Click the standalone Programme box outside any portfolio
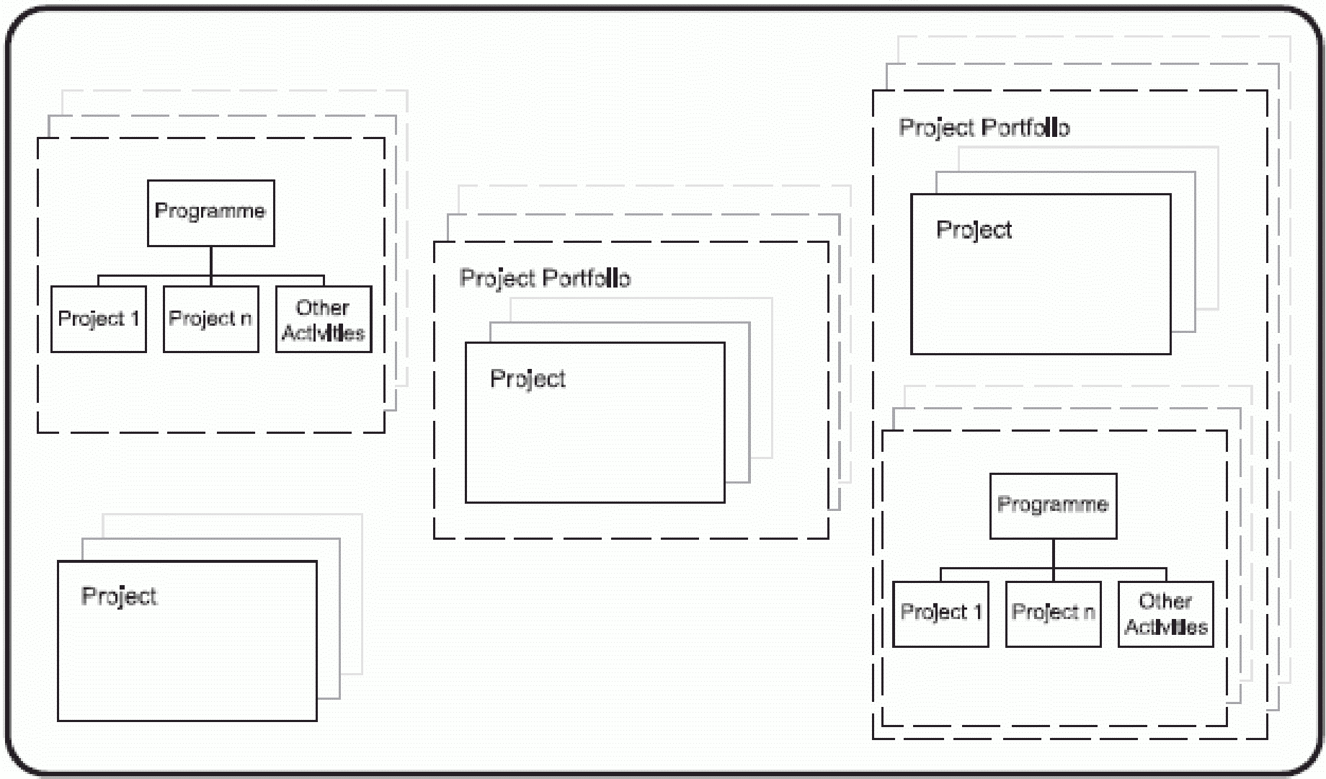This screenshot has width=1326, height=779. [x=210, y=213]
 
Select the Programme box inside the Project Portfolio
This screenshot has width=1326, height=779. [x=1053, y=506]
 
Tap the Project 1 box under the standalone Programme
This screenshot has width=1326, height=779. [x=98, y=319]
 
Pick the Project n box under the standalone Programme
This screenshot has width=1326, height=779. [x=210, y=319]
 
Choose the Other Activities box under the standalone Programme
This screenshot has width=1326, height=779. [x=324, y=319]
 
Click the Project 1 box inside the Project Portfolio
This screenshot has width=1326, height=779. [x=940, y=613]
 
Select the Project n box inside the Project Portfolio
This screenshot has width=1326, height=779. [x=1053, y=613]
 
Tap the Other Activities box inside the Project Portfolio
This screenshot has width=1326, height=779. [x=1165, y=613]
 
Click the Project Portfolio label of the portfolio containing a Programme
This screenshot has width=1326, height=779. [x=984, y=128]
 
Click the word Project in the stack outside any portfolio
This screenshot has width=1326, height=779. [x=119, y=596]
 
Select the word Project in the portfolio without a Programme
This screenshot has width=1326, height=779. [x=528, y=379]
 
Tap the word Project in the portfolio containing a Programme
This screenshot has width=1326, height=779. [x=974, y=230]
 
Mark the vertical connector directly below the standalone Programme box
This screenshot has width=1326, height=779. [x=211, y=261]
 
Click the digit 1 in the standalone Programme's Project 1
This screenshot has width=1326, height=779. [x=134, y=319]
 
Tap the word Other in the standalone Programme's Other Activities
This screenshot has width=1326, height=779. [x=322, y=308]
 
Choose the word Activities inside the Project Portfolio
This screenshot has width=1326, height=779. [x=1165, y=627]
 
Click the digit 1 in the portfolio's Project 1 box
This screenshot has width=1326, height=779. [x=977, y=612]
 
